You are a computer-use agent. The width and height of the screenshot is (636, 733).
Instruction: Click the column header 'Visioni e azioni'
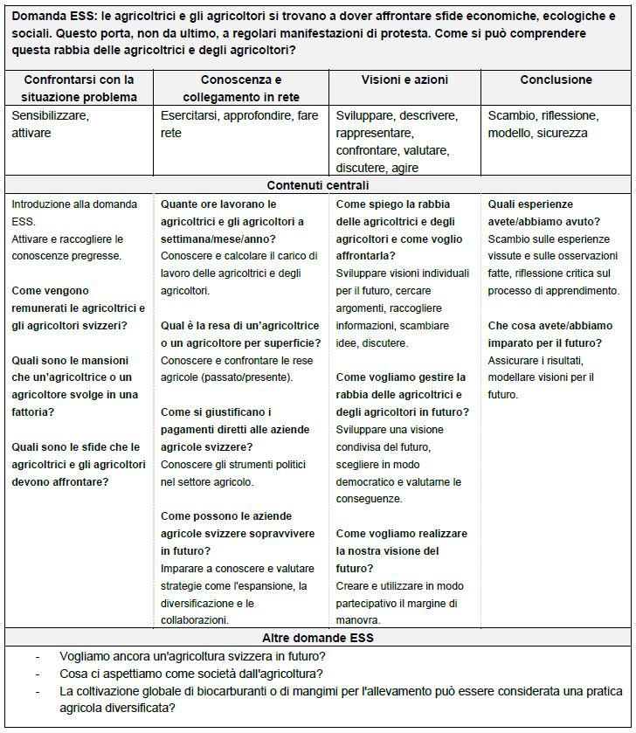pyautogui.click(x=404, y=80)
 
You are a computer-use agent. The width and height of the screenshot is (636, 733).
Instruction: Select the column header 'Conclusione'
pyautogui.click(x=556, y=80)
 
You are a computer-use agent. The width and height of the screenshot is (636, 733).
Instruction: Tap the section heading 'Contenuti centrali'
pyautogui.click(x=318, y=185)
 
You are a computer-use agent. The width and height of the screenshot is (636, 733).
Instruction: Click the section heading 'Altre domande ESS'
pyautogui.click(x=318, y=637)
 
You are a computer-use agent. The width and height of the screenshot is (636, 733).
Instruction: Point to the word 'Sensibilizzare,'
pyautogui.click(x=51, y=115)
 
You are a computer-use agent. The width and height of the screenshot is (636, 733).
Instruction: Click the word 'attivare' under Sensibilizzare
pyautogui.click(x=31, y=133)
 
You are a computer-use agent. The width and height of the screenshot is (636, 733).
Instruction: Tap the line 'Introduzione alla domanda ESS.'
pyautogui.click(x=74, y=212)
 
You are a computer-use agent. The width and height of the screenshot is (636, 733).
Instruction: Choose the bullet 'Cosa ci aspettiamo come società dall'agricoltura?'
pyautogui.click(x=191, y=673)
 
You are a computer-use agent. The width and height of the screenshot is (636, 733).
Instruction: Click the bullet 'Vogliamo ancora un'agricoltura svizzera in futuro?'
pyautogui.click(x=193, y=655)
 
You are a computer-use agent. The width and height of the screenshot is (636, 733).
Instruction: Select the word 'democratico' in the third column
pyautogui.click(x=368, y=481)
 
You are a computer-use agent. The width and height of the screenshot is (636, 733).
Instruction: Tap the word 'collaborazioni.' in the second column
pyautogui.click(x=195, y=620)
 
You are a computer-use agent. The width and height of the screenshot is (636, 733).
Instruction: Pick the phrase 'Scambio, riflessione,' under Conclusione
pyautogui.click(x=543, y=115)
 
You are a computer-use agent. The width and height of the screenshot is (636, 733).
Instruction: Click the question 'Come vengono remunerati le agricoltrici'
pyautogui.click(x=78, y=299)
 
